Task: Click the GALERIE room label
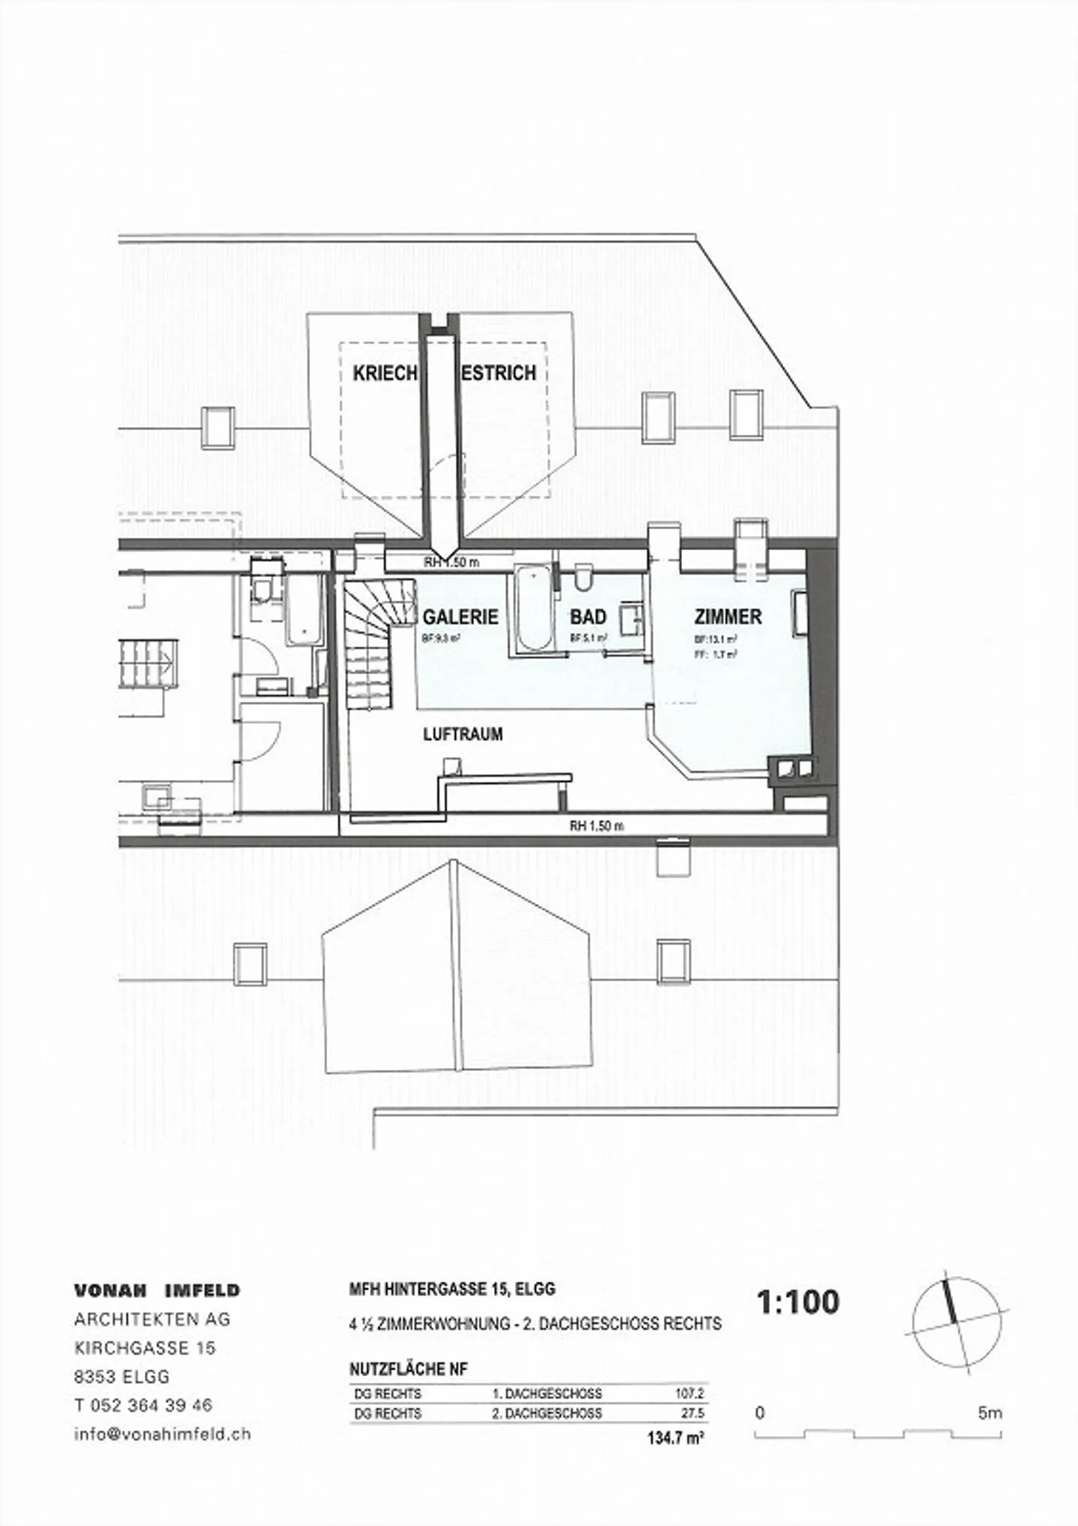point(460,617)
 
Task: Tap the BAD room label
point(588,617)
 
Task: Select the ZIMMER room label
point(728,617)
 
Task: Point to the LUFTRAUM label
point(463,734)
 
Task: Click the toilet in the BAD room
point(585,579)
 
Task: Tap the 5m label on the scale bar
point(989,1413)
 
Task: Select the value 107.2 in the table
point(689,1394)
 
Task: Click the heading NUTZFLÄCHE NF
point(408,1370)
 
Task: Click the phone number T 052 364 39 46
point(143,1406)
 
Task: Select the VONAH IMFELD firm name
point(157,1291)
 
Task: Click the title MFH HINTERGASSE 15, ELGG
point(452,1290)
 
